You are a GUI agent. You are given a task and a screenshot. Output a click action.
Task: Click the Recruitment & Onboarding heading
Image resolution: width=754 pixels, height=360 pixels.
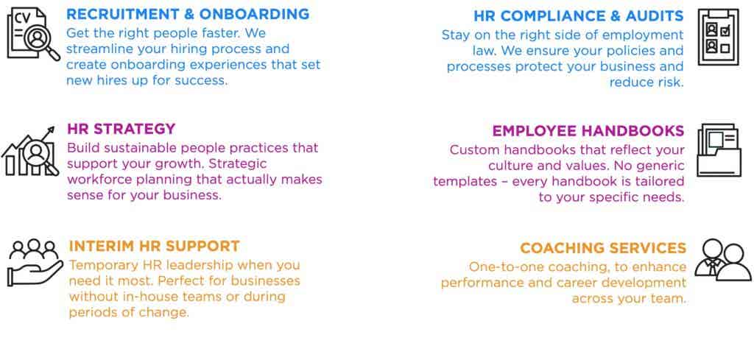pos(188,15)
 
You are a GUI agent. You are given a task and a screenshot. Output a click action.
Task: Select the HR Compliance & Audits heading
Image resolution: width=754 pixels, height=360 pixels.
pos(579,16)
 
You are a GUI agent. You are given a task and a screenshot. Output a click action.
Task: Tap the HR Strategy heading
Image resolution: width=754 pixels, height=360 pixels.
pos(121,129)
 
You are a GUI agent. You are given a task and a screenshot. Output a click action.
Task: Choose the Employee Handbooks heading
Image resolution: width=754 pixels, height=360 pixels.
pos(588,131)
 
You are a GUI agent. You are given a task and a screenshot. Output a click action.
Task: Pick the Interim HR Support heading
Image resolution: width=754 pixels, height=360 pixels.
pos(155,246)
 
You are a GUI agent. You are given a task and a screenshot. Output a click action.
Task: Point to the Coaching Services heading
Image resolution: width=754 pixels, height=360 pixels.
pos(603,248)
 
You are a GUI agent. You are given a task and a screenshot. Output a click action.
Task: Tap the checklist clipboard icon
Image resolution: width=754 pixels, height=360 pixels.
pos(719,37)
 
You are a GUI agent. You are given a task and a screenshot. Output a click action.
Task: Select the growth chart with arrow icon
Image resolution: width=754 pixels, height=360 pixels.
pos(30,151)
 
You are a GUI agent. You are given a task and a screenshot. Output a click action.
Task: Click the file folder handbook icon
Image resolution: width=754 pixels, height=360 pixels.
pos(719,150)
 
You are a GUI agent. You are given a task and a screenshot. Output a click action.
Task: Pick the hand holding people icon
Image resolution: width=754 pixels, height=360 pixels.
pos(35,262)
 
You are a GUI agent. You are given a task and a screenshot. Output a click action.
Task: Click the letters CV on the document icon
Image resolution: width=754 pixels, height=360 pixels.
pos(21,18)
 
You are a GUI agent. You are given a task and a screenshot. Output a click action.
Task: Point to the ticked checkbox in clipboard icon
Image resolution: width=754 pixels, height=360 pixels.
pos(725,31)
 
